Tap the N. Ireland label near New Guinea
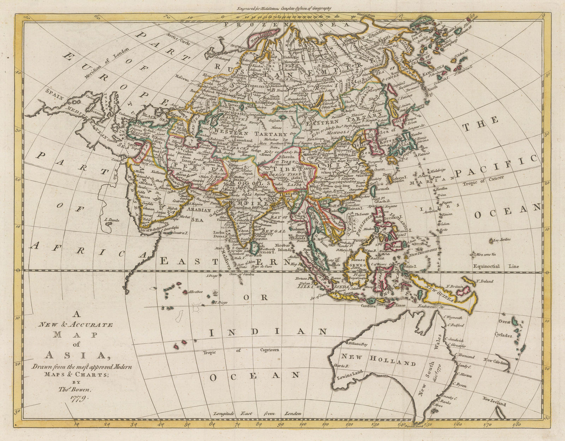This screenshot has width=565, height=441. (484, 281)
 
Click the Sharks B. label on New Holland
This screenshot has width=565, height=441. (341, 366)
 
